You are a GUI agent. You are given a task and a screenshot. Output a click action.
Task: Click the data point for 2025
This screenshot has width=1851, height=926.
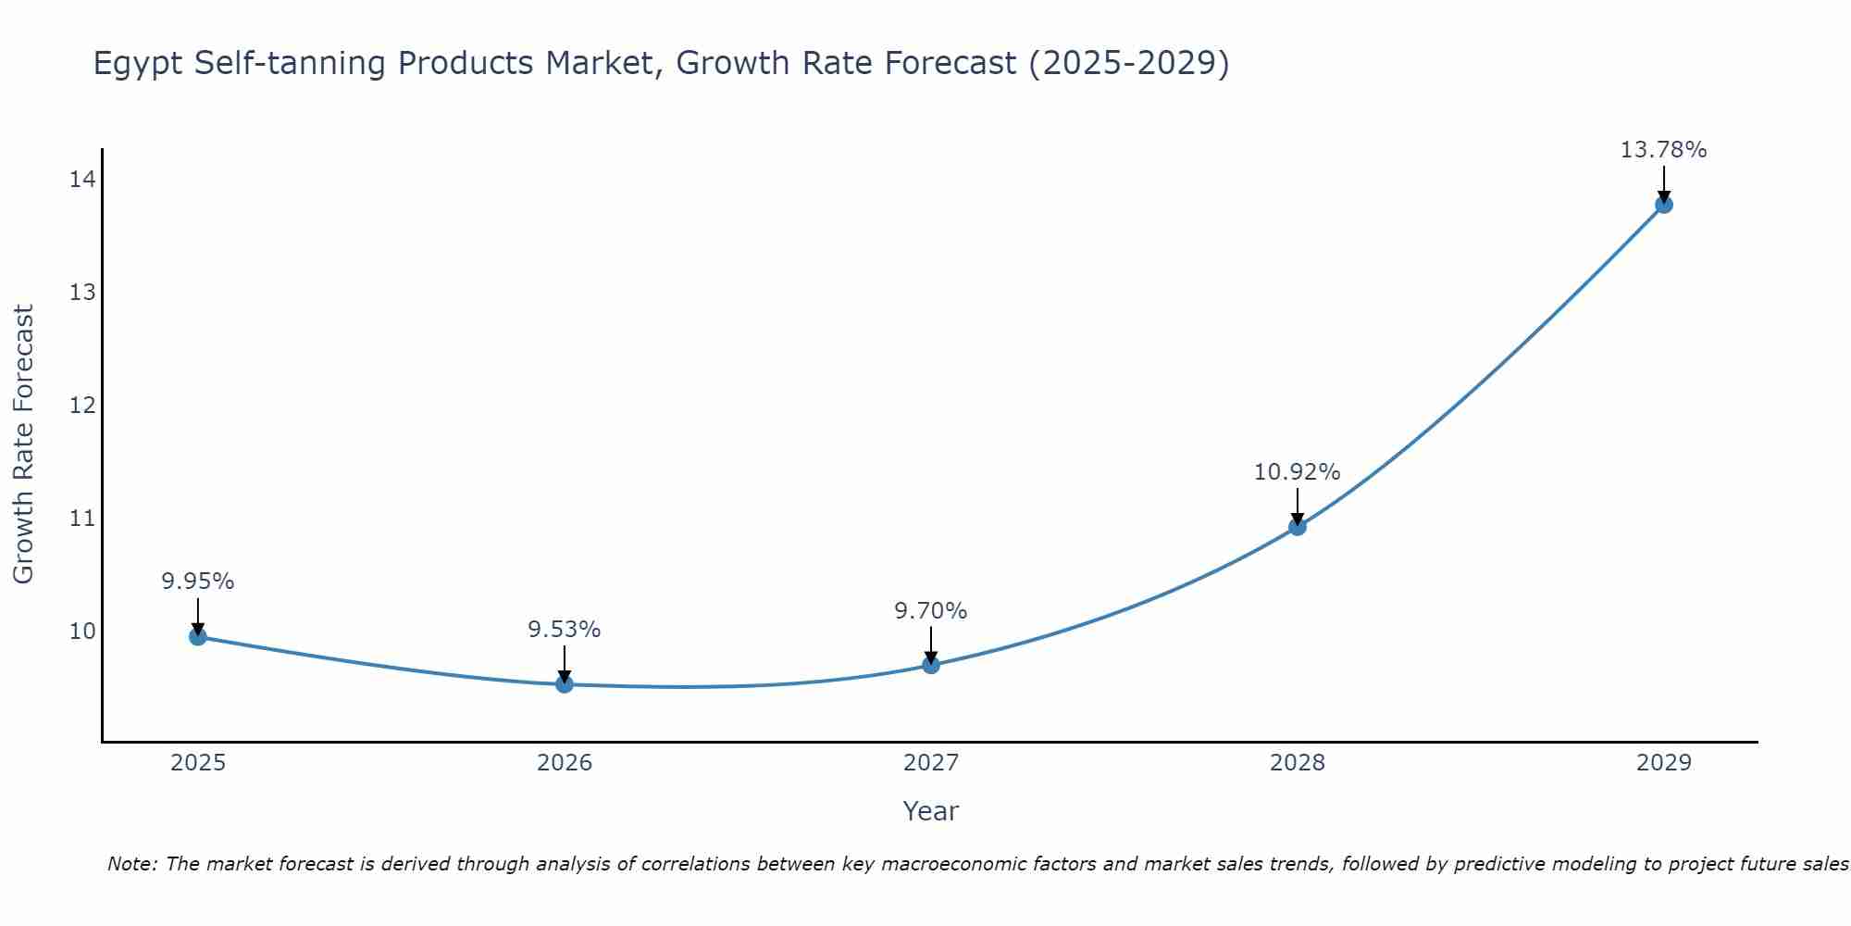point(198,636)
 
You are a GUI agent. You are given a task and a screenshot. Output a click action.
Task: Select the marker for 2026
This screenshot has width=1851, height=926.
point(565,683)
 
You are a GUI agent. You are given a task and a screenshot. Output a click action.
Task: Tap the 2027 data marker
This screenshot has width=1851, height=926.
point(931,665)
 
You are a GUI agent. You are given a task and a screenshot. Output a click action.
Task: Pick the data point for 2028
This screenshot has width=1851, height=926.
point(1298,527)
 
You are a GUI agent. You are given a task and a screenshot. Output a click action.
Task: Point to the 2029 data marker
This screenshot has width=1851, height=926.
point(1663,205)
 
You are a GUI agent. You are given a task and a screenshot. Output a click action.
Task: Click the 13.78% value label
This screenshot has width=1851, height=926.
point(1663,150)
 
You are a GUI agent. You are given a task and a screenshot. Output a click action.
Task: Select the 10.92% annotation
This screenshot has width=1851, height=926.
point(1297,472)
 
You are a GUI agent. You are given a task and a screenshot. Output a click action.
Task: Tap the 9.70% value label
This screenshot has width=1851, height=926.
point(930,611)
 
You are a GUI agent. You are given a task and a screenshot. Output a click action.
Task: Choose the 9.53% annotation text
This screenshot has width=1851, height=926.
point(564,630)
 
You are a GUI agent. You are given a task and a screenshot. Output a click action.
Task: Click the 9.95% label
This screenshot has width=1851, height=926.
point(197,582)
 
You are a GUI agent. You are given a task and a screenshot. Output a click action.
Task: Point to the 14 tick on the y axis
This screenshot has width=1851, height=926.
point(82,180)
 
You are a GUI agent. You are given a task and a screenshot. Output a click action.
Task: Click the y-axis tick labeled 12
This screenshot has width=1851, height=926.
point(82,406)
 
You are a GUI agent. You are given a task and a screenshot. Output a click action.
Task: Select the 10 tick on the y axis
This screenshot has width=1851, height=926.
point(82,632)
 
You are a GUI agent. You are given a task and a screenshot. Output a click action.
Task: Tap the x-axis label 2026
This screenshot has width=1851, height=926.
point(565,763)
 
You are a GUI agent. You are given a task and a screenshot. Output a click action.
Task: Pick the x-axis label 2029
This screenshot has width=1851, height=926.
point(1663,763)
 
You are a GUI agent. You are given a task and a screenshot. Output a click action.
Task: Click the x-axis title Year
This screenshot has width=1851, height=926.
point(930,811)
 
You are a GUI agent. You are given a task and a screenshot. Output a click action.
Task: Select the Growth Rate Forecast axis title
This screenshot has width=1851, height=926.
point(24,444)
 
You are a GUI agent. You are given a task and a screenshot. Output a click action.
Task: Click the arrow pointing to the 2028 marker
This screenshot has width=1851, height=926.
point(1298,506)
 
